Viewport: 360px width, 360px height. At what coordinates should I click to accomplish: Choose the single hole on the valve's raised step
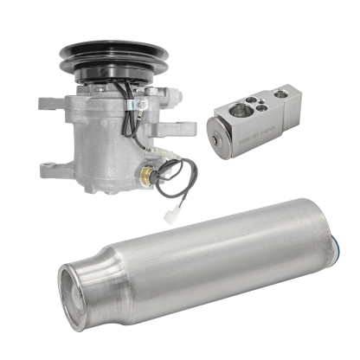[280, 93]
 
